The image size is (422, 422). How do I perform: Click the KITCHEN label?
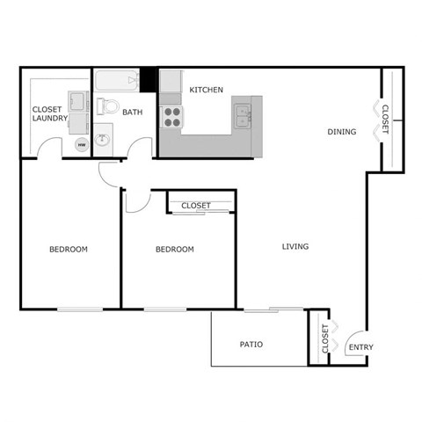tap(207, 90)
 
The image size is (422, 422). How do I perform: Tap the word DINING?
tap(342, 133)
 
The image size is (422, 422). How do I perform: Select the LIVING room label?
tap(295, 246)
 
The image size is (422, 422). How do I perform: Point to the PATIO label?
tap(251, 344)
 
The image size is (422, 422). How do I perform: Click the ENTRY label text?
tap(360, 347)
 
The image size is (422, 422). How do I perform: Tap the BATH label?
tap(133, 113)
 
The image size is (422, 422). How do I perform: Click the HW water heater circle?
tap(82, 144)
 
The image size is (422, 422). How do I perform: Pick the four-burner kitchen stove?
tap(171, 116)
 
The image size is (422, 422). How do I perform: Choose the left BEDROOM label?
tap(68, 250)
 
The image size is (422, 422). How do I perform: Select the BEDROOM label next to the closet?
tap(174, 250)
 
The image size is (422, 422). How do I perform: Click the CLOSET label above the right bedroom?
tap(195, 206)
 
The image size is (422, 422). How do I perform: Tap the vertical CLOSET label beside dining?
tap(386, 118)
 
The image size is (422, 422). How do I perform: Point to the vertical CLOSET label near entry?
tap(325, 338)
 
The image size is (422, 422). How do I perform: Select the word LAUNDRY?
tap(50, 118)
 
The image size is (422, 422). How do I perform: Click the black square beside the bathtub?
tap(149, 79)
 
